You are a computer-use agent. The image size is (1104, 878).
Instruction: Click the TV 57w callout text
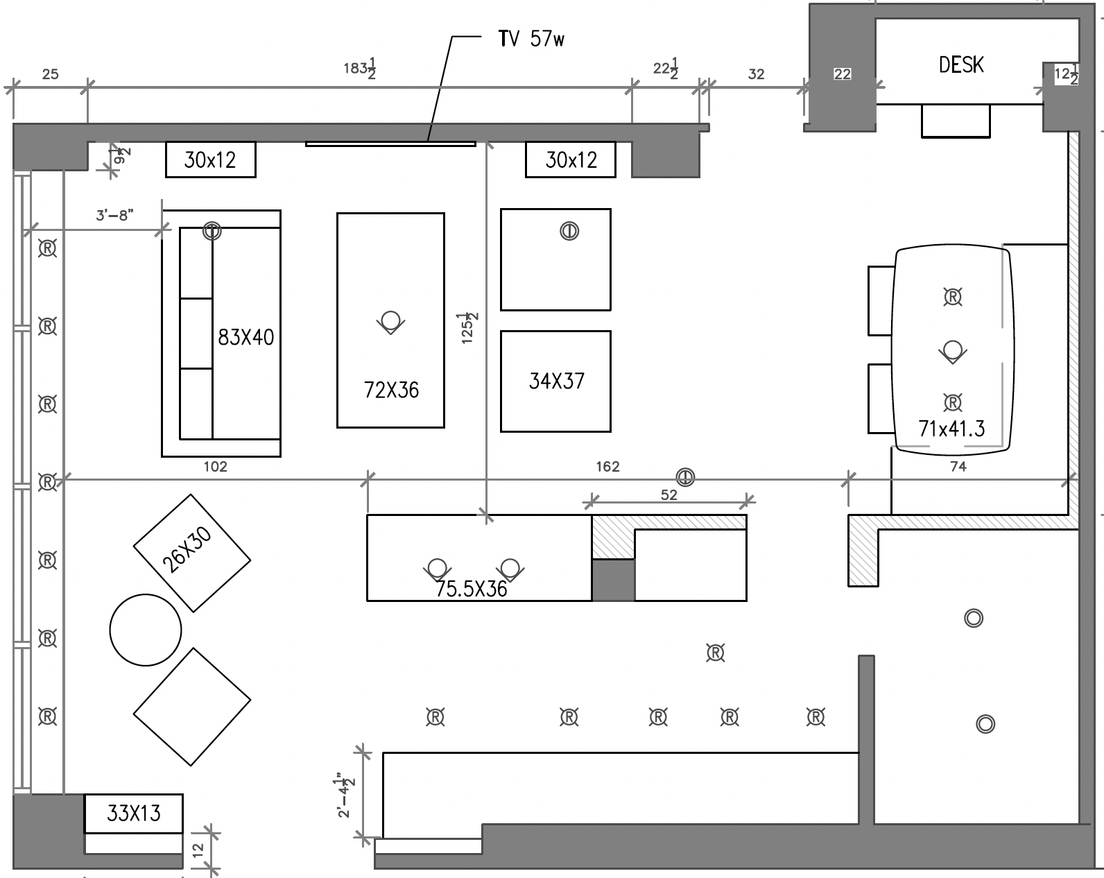(x=531, y=39)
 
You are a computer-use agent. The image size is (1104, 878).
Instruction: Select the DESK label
(x=960, y=65)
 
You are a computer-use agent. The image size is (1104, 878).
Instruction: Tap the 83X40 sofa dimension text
(x=246, y=338)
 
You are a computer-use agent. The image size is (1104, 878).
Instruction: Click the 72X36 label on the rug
(x=391, y=390)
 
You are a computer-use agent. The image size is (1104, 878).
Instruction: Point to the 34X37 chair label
(x=556, y=381)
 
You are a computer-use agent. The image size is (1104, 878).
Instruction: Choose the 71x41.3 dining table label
(x=951, y=429)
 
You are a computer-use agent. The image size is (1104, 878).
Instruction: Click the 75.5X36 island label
(x=472, y=589)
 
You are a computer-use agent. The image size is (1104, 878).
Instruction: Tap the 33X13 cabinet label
(x=134, y=813)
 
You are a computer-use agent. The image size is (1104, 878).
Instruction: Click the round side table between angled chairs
(x=146, y=630)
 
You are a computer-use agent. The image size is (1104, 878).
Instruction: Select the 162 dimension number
(x=607, y=467)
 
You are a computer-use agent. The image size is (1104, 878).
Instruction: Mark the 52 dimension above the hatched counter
(x=669, y=495)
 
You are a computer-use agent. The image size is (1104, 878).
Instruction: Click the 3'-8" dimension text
(x=114, y=215)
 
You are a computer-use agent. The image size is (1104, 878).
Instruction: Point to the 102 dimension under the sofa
(x=215, y=467)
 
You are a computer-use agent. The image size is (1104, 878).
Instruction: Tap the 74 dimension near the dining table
(x=958, y=467)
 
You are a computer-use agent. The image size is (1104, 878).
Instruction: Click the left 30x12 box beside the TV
(x=210, y=160)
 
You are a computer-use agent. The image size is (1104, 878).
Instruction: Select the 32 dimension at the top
(x=756, y=74)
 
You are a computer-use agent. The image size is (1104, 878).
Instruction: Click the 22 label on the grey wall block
(x=842, y=74)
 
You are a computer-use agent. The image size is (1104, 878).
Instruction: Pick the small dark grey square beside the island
(x=613, y=580)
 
